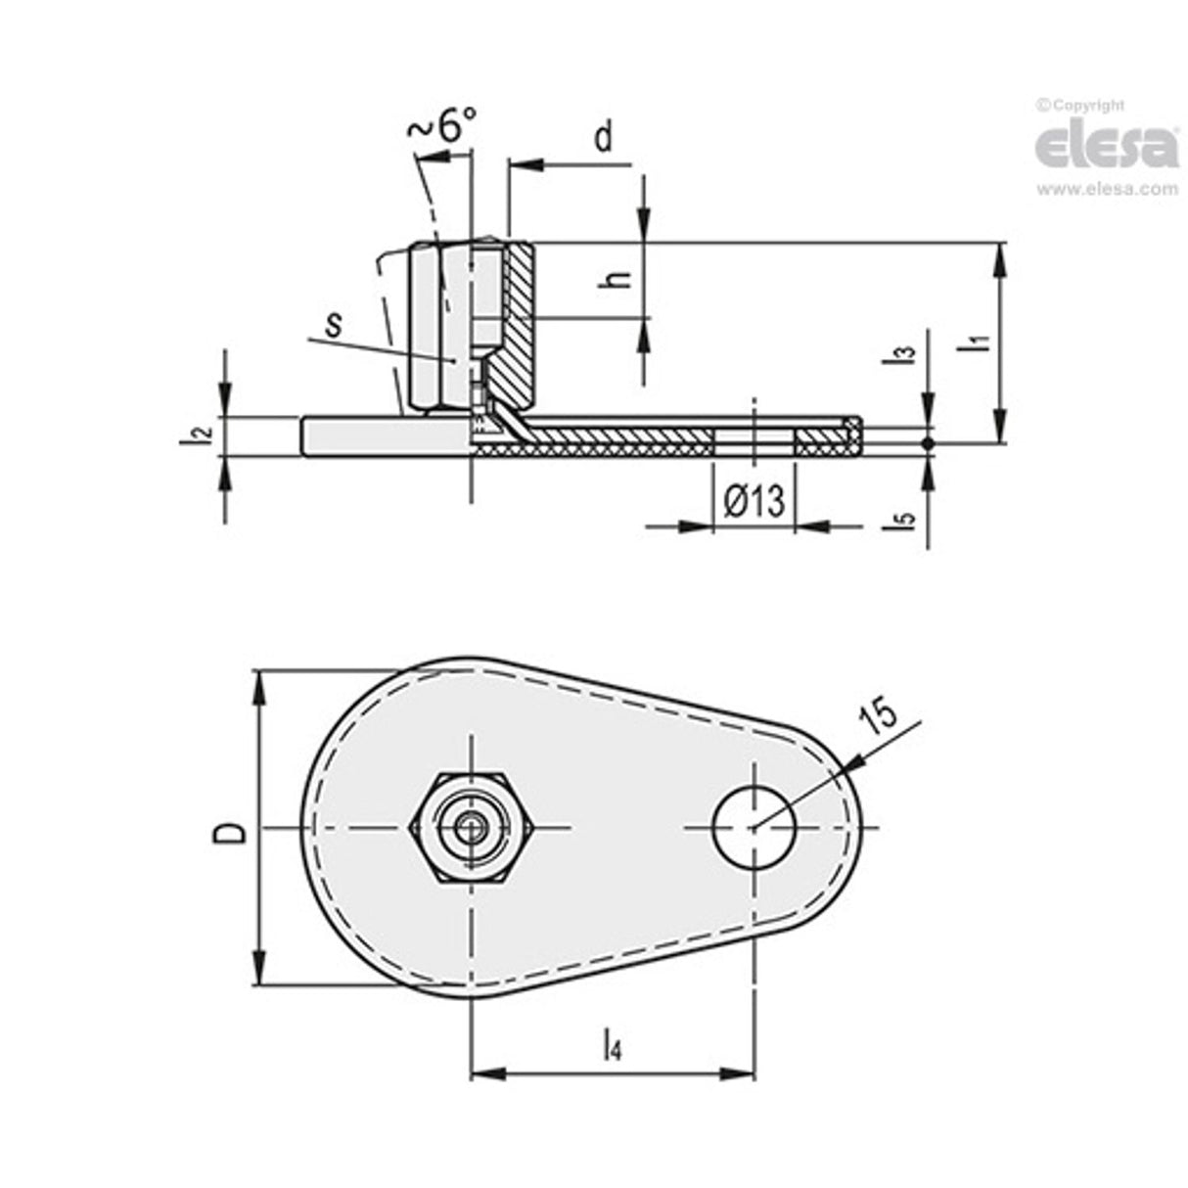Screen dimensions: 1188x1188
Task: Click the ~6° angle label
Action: (x=442, y=126)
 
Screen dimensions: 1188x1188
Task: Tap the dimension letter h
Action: (x=616, y=279)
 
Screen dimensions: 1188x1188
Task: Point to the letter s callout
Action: (x=335, y=324)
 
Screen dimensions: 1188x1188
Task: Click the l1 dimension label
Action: (x=975, y=342)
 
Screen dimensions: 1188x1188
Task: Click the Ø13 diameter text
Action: (x=753, y=502)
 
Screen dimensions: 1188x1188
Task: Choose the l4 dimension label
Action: (x=612, y=1044)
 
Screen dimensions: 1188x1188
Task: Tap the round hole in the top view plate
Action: (x=754, y=828)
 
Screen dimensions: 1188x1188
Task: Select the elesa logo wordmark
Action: (x=1106, y=148)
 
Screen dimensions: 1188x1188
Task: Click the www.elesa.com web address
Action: (x=1107, y=190)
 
